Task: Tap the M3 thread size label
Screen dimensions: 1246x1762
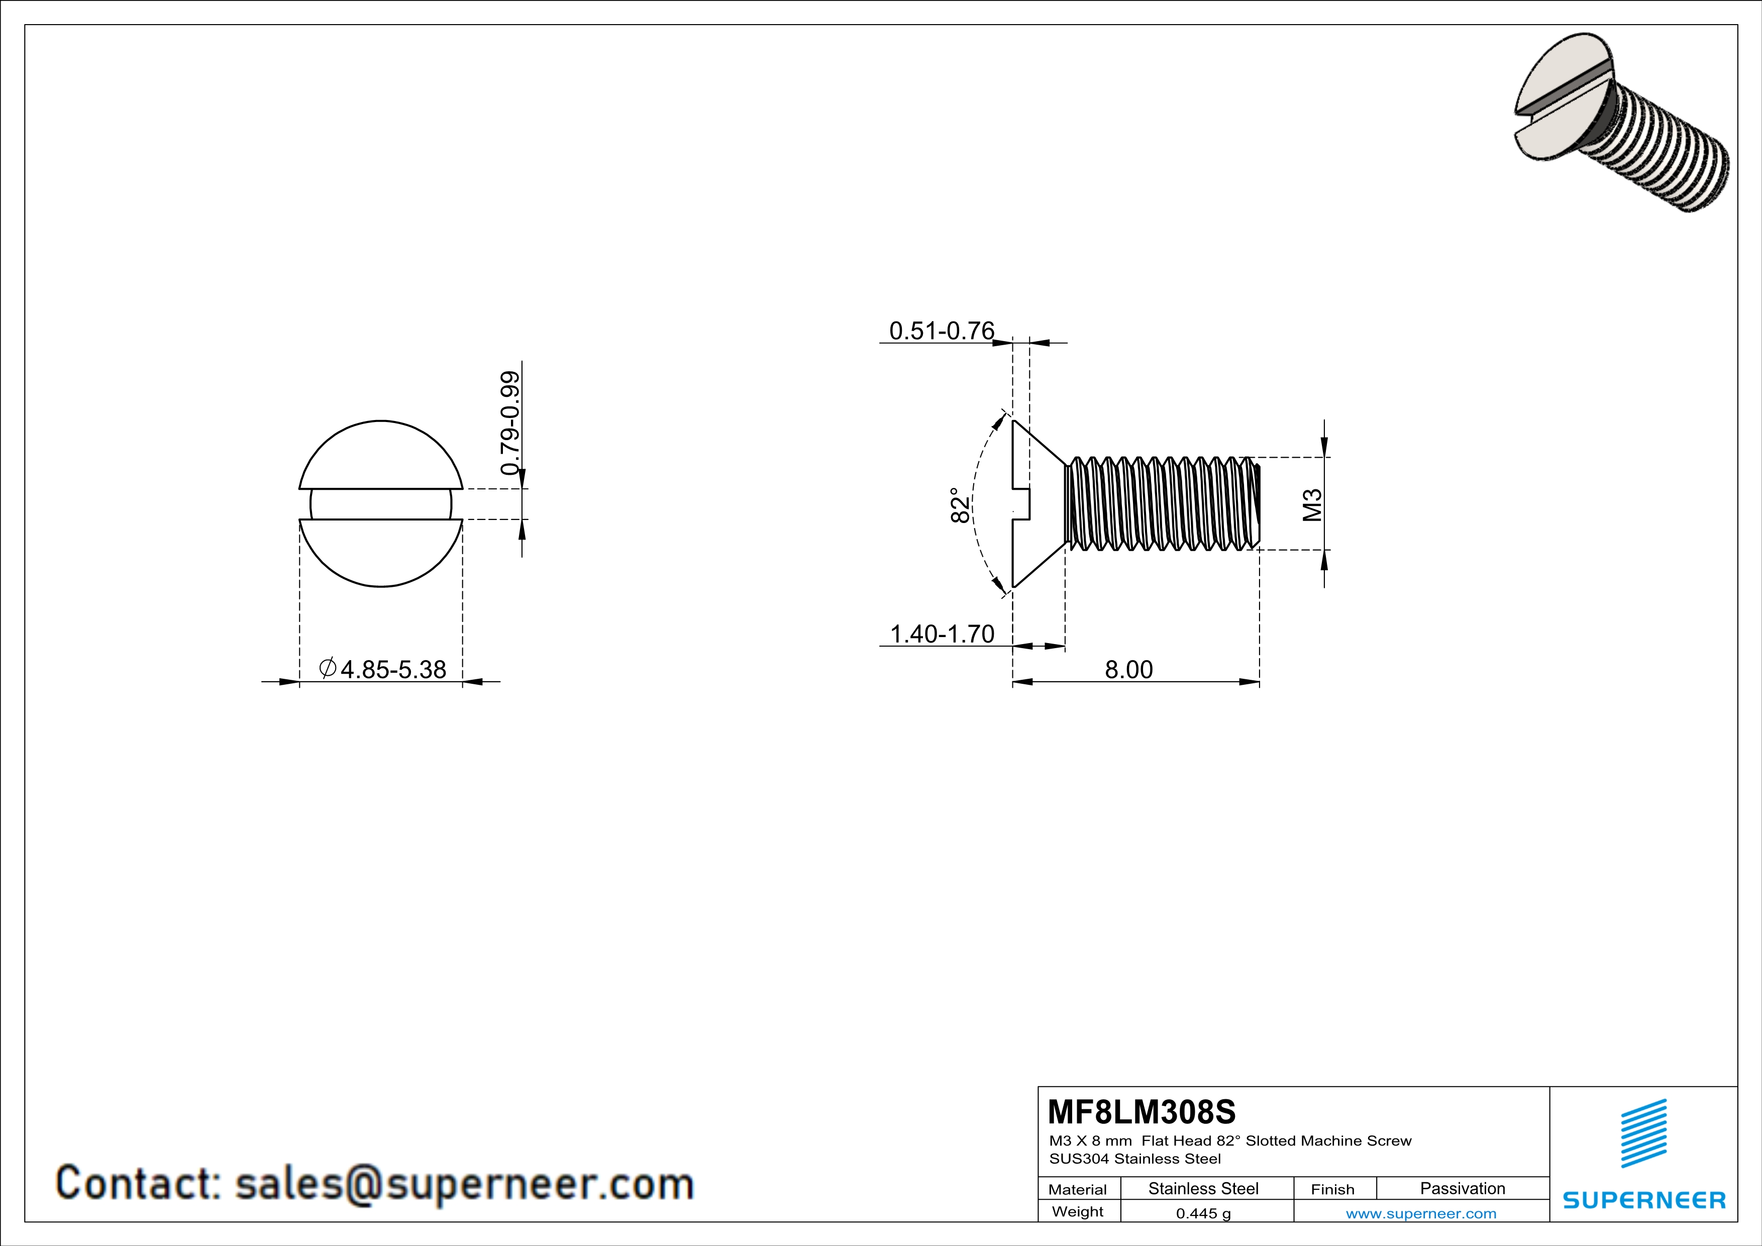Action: pyautogui.click(x=1313, y=505)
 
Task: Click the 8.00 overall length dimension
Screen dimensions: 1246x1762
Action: pyautogui.click(x=1128, y=670)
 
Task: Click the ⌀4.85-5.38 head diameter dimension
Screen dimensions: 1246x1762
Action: pyautogui.click(x=383, y=669)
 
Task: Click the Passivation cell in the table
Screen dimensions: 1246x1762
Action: pyautogui.click(x=1462, y=1188)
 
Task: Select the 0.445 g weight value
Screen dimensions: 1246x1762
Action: pyautogui.click(x=1202, y=1213)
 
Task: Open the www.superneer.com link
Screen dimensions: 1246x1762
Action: pyautogui.click(x=1420, y=1213)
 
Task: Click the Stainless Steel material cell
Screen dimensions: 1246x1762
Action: pyautogui.click(x=1202, y=1188)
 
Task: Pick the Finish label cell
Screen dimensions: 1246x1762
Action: pyautogui.click(x=1332, y=1189)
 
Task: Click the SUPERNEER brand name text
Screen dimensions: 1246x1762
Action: pyautogui.click(x=1644, y=1200)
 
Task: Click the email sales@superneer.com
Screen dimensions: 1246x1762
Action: pyautogui.click(x=464, y=1182)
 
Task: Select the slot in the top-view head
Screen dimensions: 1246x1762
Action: pyautogui.click(x=381, y=504)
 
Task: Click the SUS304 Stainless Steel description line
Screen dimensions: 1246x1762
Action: pyautogui.click(x=1134, y=1159)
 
